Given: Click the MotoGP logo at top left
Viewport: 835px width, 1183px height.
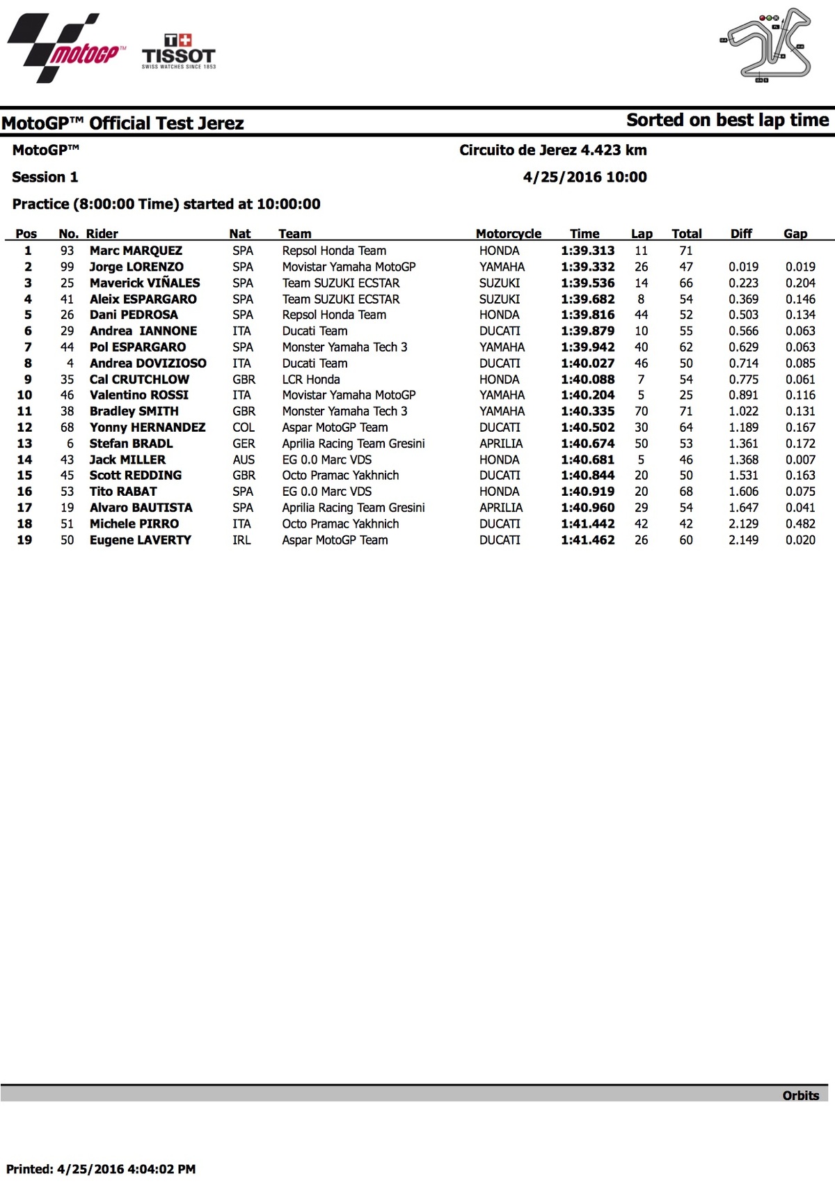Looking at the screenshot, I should tap(66, 47).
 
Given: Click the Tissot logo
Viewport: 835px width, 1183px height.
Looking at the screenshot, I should tap(179, 52).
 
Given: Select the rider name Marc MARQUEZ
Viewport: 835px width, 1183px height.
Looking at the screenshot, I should tap(136, 251).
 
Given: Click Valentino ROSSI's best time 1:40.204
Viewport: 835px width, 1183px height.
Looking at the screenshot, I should tap(587, 395).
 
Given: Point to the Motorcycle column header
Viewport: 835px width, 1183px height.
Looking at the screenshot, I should tap(508, 234).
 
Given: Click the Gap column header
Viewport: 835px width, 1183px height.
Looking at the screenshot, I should tap(795, 234).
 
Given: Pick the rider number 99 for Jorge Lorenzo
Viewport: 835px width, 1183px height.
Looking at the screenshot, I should tap(67, 267).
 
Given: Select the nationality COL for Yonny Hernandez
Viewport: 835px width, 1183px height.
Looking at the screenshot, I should tap(244, 428).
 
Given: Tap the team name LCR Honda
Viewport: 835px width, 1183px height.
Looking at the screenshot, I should tap(311, 379).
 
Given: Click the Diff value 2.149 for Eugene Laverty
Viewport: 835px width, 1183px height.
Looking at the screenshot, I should tap(743, 540).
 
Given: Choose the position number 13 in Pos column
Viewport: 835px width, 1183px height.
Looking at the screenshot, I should tap(25, 444).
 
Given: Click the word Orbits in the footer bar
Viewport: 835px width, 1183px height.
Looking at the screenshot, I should tap(800, 1095).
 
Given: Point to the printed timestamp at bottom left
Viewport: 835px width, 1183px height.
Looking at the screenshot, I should tap(101, 1169).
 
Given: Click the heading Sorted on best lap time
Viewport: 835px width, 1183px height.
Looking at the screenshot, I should tap(727, 120).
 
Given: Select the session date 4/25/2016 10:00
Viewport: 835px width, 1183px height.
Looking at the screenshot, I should tap(584, 177).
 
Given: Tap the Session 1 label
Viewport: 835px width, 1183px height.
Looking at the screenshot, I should tap(45, 177).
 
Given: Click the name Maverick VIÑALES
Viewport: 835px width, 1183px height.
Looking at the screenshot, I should tap(145, 283).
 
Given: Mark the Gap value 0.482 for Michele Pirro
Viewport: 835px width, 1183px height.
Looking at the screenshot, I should tap(800, 524).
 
